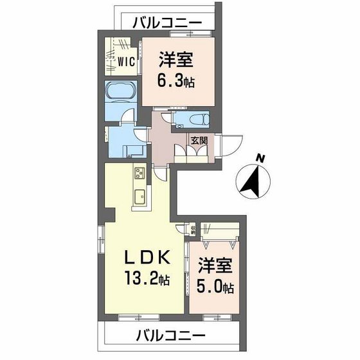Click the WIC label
point(125,62)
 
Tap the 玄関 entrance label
point(197,139)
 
